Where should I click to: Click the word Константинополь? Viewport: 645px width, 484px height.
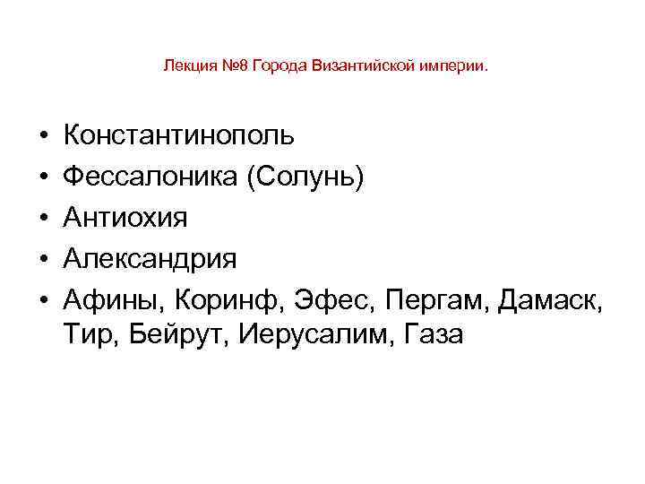[177, 136]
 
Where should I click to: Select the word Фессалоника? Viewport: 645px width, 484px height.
[149, 177]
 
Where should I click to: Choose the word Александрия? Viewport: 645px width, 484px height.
[150, 258]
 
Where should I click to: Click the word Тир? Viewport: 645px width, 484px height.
[86, 335]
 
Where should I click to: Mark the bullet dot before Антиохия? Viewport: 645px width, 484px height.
[43, 219]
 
